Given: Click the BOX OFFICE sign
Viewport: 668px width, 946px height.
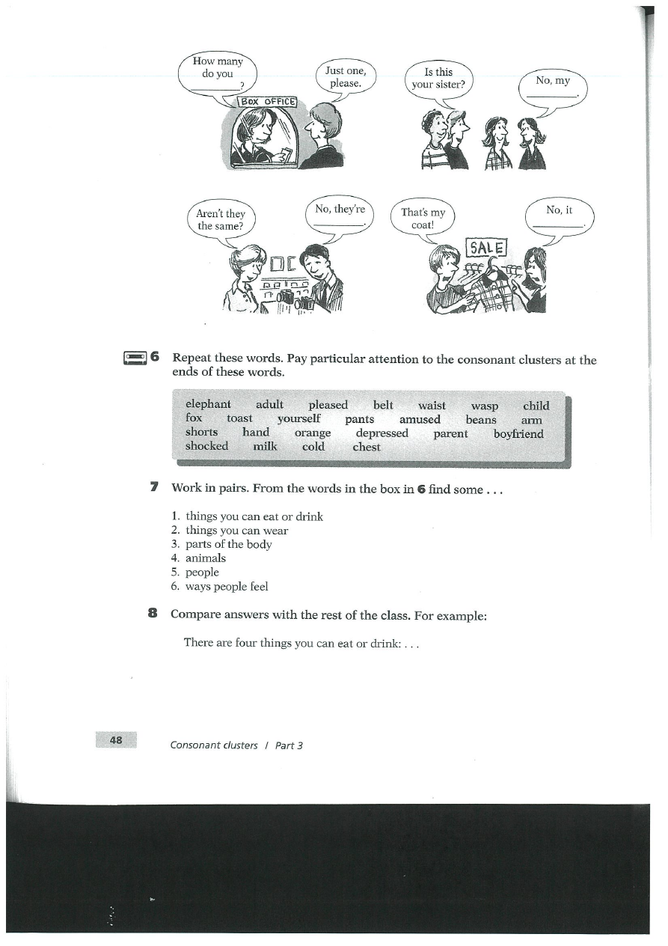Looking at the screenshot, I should coord(268,102).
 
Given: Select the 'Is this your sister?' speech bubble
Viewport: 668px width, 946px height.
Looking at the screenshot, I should coord(438,79).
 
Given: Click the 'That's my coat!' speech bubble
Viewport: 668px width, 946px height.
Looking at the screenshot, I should coord(423,219).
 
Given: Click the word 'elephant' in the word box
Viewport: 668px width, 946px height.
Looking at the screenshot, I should coord(208,405).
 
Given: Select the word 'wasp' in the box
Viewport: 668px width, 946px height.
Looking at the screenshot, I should coord(485,406).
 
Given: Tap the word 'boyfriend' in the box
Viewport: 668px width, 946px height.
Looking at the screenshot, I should coord(518,433).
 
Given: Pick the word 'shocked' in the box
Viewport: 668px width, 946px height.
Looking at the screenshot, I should coord(206,446).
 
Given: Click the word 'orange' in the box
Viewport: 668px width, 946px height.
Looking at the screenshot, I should coord(313,433).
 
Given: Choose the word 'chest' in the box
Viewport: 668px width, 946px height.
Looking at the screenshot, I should coord(367,447).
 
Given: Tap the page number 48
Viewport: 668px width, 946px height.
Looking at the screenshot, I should coord(116,740).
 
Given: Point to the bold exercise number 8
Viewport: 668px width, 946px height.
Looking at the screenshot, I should coord(153,614).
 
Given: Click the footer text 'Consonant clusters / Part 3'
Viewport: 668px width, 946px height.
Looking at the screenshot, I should coord(236,745).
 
